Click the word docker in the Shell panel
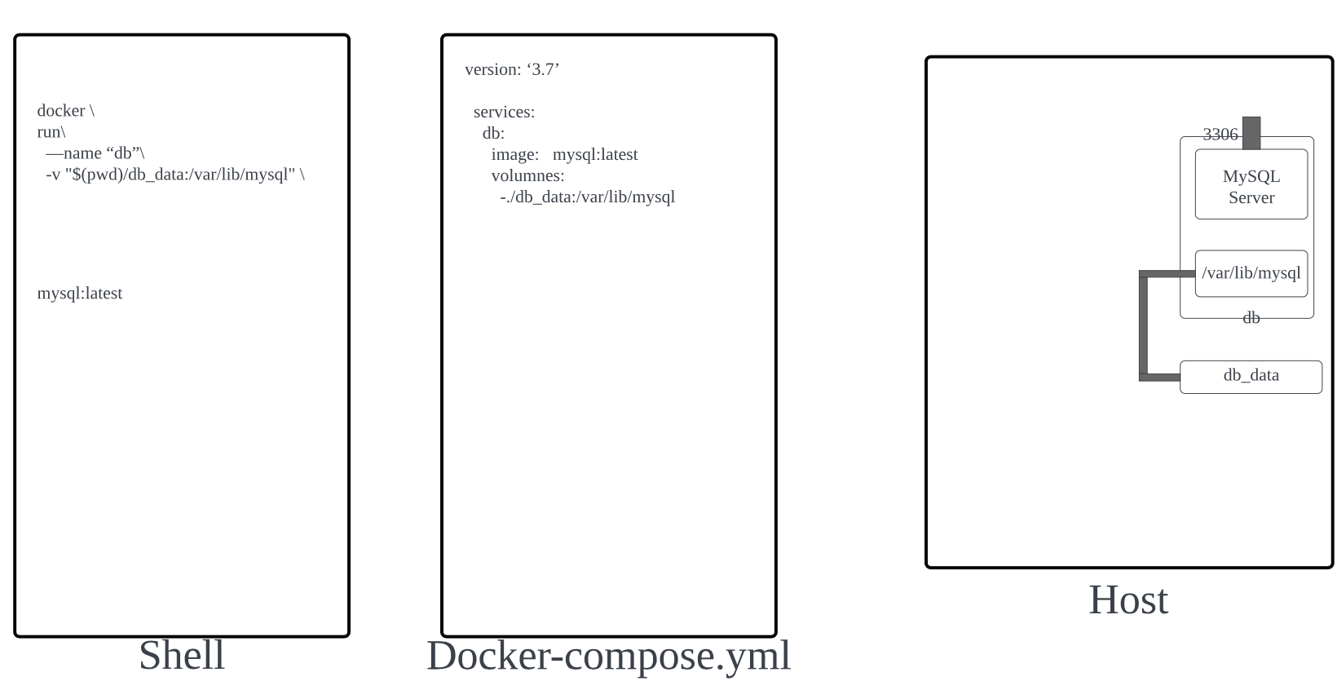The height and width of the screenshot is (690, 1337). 61,111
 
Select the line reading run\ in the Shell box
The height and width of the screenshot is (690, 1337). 51,132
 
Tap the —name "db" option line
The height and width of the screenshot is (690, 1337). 95,153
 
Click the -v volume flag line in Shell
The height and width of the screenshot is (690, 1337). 174,175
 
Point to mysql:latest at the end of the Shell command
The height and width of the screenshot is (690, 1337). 80,294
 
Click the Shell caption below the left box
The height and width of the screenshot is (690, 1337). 182,656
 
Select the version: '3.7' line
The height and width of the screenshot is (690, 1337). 512,70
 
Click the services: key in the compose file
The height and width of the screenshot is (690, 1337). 504,113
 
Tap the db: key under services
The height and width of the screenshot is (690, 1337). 493,134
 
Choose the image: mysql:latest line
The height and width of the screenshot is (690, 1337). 564,155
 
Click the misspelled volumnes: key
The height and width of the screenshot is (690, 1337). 527,176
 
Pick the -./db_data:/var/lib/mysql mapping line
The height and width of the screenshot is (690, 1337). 587,197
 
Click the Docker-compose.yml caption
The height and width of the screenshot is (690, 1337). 608,656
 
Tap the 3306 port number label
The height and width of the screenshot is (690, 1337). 1220,135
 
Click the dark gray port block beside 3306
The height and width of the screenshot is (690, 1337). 1251,132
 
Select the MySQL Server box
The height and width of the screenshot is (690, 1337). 1251,185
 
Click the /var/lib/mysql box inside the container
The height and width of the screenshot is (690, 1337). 1251,273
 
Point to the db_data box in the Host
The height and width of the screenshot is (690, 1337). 1251,376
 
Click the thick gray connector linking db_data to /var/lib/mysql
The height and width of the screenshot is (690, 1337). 1144,326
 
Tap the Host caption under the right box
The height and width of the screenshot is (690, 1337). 1128,600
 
